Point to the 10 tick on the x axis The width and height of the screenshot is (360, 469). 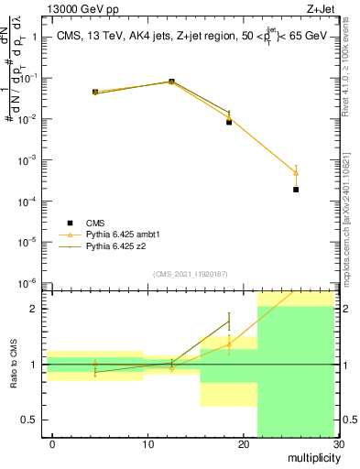click(147, 444)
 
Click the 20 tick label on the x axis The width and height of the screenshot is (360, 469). click(243, 444)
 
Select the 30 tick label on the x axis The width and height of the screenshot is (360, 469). click(337, 444)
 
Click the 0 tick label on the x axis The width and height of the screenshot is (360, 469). click(52, 444)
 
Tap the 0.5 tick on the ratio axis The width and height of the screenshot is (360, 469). click(29, 420)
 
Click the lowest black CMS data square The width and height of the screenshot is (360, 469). click(296, 190)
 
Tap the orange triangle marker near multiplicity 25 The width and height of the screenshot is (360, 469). click(296, 173)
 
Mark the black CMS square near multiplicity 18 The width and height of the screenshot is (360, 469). click(229, 122)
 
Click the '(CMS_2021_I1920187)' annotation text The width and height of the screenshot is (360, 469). click(190, 273)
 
